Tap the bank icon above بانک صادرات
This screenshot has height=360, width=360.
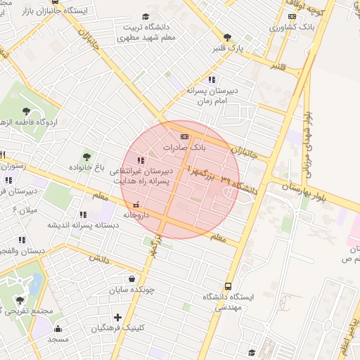[x=184, y=136]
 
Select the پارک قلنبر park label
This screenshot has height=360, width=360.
[x=226, y=49]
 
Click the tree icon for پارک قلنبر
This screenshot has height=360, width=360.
[x=226, y=37]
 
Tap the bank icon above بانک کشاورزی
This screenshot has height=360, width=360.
[x=292, y=17]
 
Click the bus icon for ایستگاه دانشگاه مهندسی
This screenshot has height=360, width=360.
[x=228, y=286]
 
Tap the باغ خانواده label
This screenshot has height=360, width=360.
[x=87, y=169]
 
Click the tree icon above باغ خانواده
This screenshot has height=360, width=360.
[x=87, y=157]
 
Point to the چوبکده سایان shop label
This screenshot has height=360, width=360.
[x=131, y=290]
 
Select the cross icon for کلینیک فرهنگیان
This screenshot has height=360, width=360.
[x=117, y=317]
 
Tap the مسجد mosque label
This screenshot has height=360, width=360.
[x=57, y=339]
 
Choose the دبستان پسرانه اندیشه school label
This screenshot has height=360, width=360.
[x=82, y=225]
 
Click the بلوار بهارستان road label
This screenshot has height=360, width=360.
[x=312, y=191]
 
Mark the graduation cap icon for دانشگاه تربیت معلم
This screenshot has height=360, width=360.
[x=146, y=16]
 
